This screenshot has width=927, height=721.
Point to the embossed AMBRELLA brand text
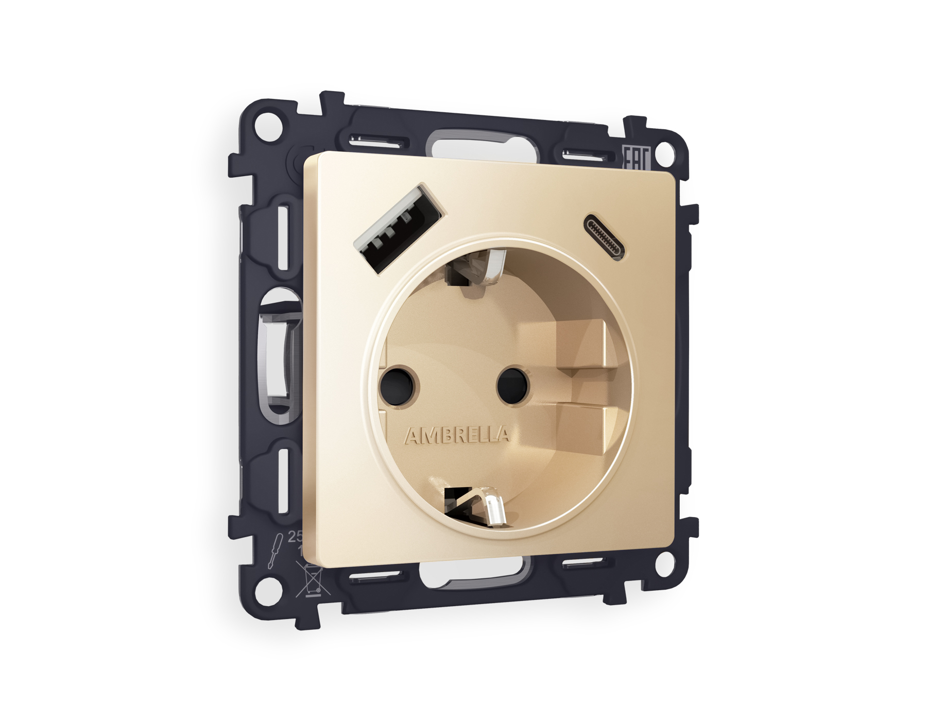point(458,436)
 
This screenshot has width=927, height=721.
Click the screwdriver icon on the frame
point(274,553)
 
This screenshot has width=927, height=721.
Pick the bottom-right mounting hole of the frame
point(669,563)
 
